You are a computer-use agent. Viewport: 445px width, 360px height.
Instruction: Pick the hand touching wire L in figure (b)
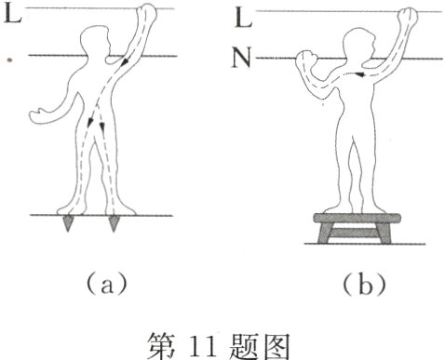coord(407,16)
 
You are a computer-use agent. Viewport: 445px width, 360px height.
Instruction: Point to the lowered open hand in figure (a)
coord(39,115)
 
